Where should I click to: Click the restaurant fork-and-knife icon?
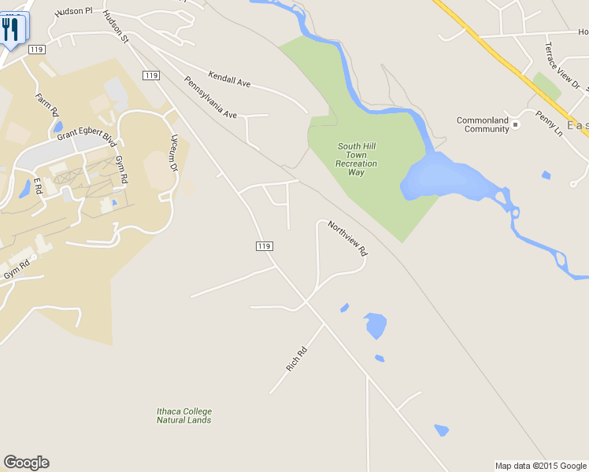pyautogui.click(x=11, y=29)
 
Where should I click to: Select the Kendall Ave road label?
pyautogui.click(x=229, y=79)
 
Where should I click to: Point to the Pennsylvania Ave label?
pyautogui.click(x=210, y=98)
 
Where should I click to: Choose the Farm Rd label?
pyautogui.click(x=46, y=105)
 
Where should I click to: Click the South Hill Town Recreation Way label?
pyautogui.click(x=357, y=159)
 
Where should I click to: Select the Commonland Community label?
pyautogui.click(x=483, y=124)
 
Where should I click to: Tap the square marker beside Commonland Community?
pyautogui.click(x=516, y=124)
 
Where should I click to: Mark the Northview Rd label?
pyautogui.click(x=348, y=238)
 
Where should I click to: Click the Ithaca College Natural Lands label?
pyautogui.click(x=183, y=415)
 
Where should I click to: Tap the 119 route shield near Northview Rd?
pyautogui.click(x=264, y=246)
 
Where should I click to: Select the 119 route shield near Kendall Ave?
pyautogui.click(x=152, y=75)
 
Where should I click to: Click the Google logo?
pyautogui.click(x=26, y=463)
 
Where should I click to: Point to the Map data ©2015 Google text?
pyautogui.click(x=540, y=466)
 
